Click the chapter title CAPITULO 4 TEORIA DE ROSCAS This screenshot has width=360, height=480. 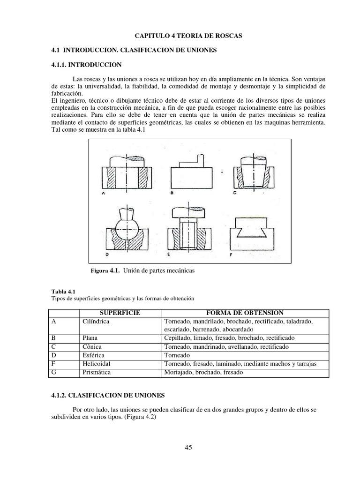pyautogui.click(x=188, y=36)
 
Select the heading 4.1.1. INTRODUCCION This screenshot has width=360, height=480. pyautogui.click(x=86, y=64)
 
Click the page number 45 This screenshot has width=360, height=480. pyautogui.click(x=188, y=447)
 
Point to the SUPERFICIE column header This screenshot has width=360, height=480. pyautogui.click(x=120, y=313)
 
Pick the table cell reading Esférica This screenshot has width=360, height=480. pyautogui.click(x=93, y=355)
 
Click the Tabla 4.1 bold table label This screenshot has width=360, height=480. pyautogui.click(x=62, y=291)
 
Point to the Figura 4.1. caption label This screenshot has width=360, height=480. pyautogui.click(x=105, y=271)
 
